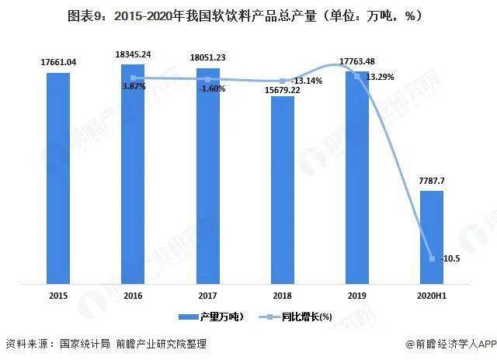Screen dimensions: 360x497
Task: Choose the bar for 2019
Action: pos(357,177)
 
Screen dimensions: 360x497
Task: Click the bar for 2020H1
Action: pos(432,236)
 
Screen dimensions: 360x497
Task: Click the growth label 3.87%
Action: pos(134,87)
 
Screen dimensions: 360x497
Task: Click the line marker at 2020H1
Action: pos(432,259)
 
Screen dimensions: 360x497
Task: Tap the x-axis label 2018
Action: pos(283,296)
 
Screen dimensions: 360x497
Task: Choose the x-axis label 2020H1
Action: pos(432,296)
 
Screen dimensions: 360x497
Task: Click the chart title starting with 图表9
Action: pos(248,15)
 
